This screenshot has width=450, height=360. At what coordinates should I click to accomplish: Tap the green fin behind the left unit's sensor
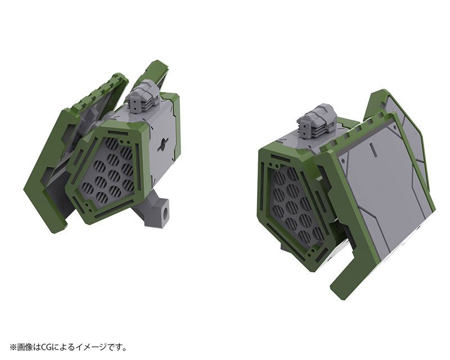160,79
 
